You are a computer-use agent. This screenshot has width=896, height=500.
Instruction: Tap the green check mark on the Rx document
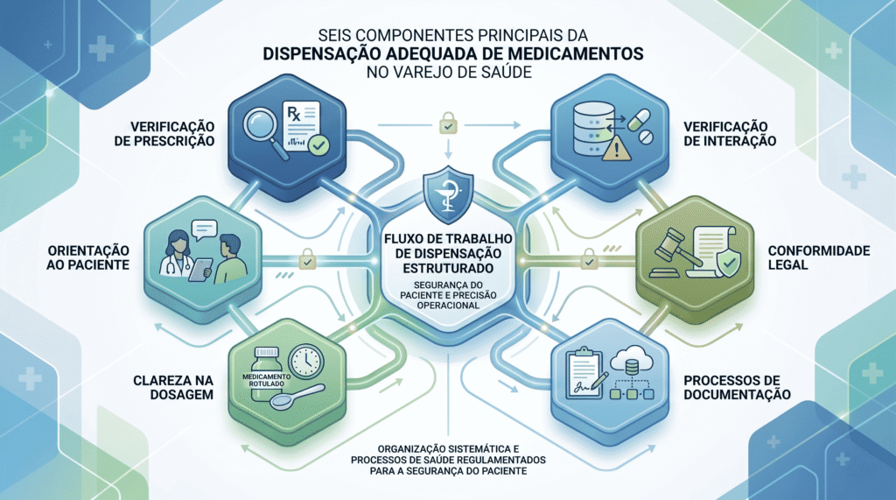(318, 145)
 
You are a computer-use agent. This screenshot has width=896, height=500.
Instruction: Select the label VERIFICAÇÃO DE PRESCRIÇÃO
(164, 134)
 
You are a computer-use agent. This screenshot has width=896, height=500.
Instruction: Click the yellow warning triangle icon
(616, 150)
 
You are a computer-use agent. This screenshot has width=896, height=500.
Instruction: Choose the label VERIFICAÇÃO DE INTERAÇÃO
(730, 134)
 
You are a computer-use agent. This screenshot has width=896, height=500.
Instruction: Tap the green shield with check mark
(727, 263)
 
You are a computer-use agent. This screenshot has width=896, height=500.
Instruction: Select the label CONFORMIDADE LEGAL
(819, 257)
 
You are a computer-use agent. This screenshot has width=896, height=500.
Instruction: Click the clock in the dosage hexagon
(306, 362)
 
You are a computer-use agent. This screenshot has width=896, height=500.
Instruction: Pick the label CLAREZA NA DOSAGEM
(173, 387)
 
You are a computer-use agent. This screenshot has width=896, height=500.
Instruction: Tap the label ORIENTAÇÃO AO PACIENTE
(88, 257)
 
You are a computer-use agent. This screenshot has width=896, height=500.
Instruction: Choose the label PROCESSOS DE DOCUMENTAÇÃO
(737, 387)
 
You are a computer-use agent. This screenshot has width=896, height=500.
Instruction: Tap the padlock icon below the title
(448, 123)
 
